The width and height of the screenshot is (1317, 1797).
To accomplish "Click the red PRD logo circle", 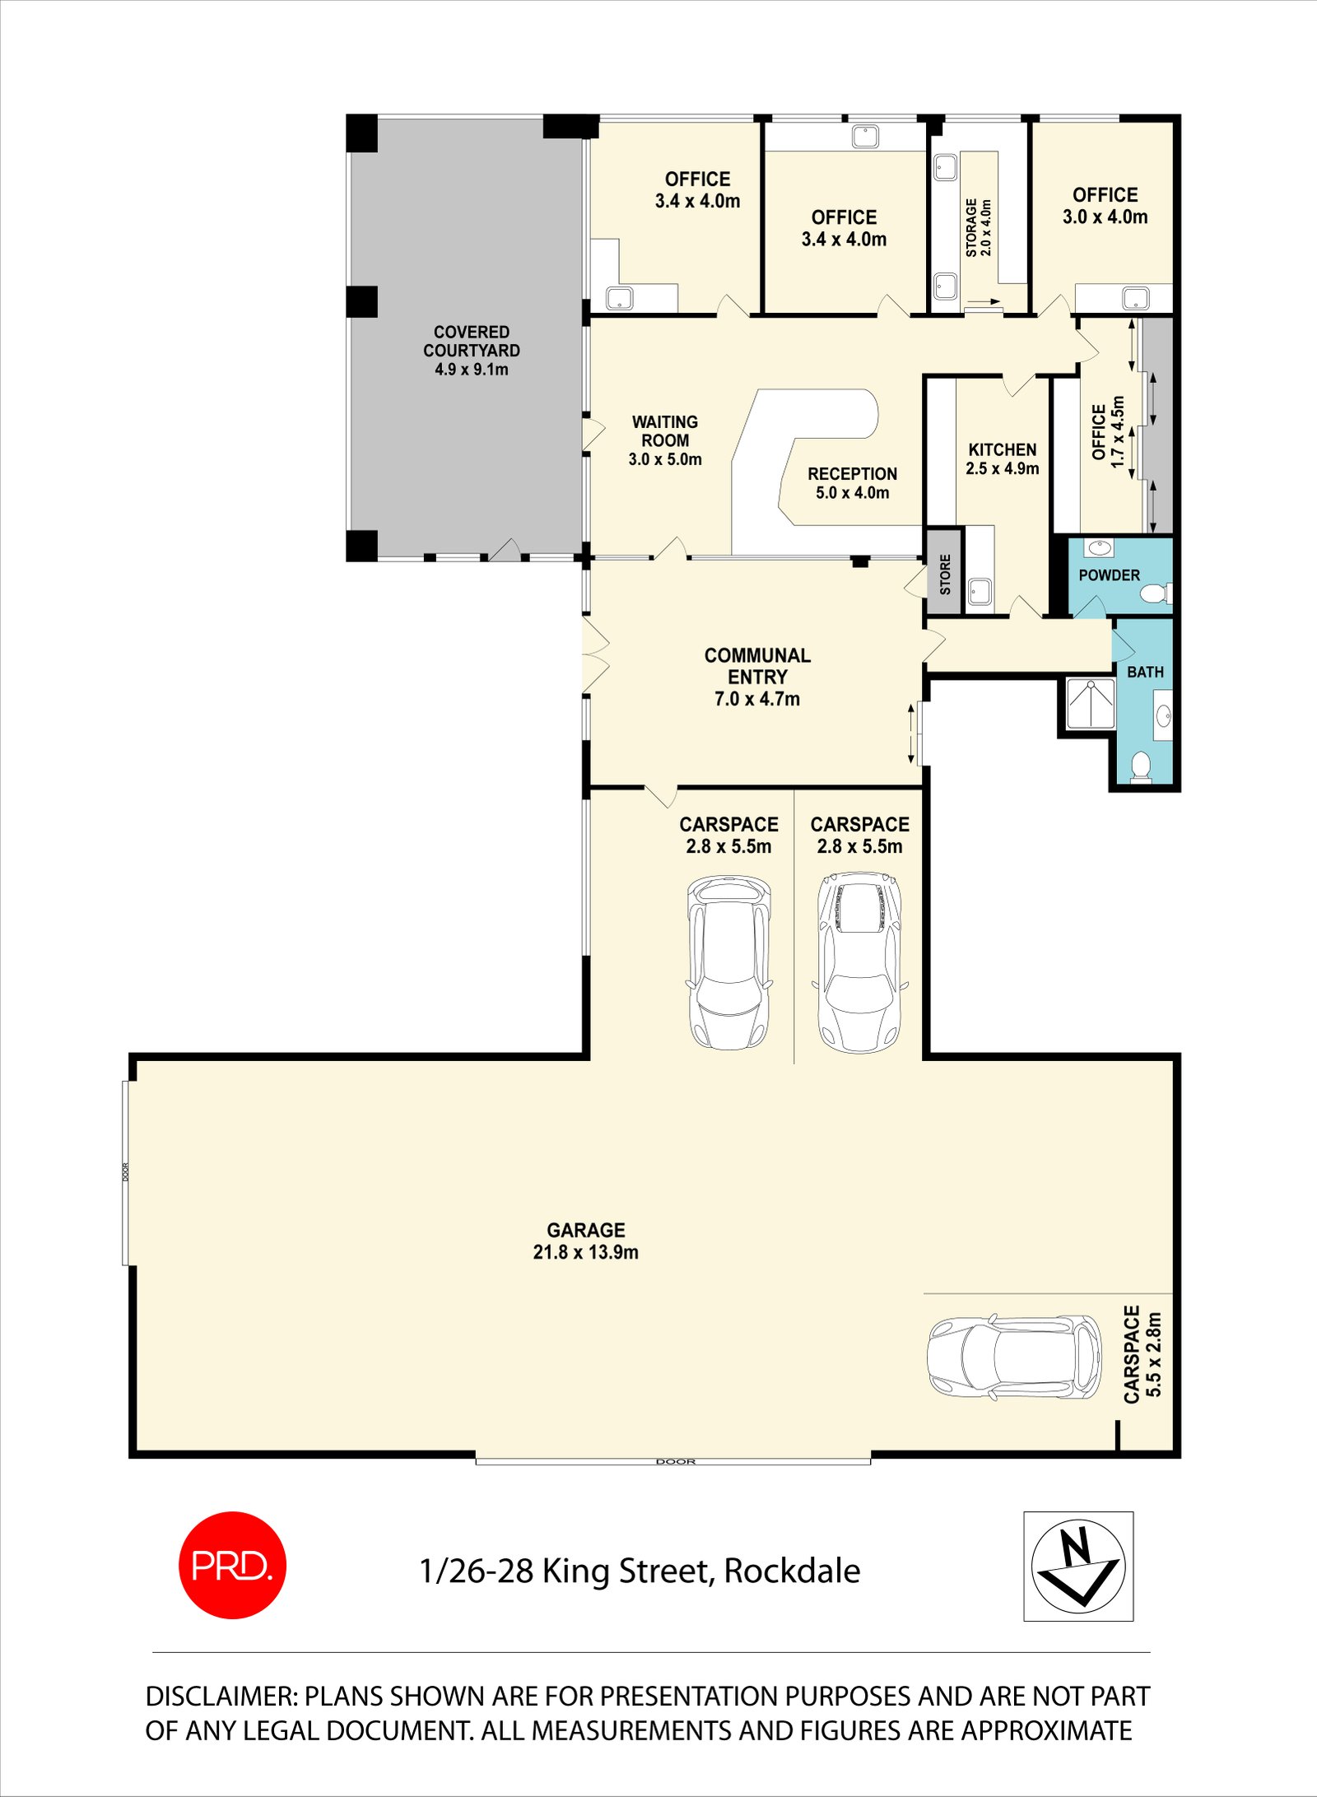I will click(232, 1565).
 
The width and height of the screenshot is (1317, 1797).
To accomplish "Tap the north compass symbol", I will click(1078, 1566).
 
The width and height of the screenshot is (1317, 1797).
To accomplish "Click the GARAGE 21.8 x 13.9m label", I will click(585, 1241).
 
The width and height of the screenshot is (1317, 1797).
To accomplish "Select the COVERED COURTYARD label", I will click(471, 350).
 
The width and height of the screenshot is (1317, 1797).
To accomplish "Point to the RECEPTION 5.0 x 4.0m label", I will click(852, 483).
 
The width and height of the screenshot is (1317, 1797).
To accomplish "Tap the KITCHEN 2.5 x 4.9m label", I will click(1002, 459).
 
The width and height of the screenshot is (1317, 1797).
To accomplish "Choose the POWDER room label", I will click(1109, 575).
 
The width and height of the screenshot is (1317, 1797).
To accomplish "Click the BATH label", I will click(1145, 672).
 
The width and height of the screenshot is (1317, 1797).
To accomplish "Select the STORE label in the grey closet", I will click(945, 574).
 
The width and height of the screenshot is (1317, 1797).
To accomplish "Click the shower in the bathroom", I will click(1090, 703).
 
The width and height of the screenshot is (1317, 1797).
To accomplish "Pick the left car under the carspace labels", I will click(729, 962).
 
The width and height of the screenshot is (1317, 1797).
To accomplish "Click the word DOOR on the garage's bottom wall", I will click(676, 1461).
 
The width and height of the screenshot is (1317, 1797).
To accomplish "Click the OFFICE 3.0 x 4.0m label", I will click(1105, 206).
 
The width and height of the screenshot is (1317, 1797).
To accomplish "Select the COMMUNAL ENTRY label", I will click(757, 677).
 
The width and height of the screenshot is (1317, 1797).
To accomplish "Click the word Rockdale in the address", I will click(792, 1571).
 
